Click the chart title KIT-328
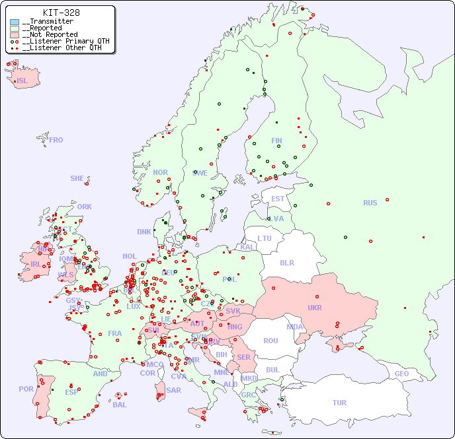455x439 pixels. pos(62,13)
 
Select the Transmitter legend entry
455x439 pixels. pos(48,22)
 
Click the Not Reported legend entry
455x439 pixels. pos(50,34)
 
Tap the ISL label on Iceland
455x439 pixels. pos(22,81)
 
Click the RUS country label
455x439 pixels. pos(370,203)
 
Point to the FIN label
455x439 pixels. pos(276,141)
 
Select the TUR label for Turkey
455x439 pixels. pos(339,403)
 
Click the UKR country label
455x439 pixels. pos(315,308)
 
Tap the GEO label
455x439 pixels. pos(401,374)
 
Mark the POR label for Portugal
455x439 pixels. pos(26,389)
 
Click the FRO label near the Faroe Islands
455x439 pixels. pos(56,140)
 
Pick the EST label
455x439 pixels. pos(278,199)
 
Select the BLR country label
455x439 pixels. pos(287,262)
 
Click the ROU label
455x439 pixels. pos(270,341)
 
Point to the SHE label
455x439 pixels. pos(77,178)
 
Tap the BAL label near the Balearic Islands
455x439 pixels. pos(120,405)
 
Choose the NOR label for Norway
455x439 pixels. pos(160,172)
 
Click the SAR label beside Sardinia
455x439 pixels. pos(174,390)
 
